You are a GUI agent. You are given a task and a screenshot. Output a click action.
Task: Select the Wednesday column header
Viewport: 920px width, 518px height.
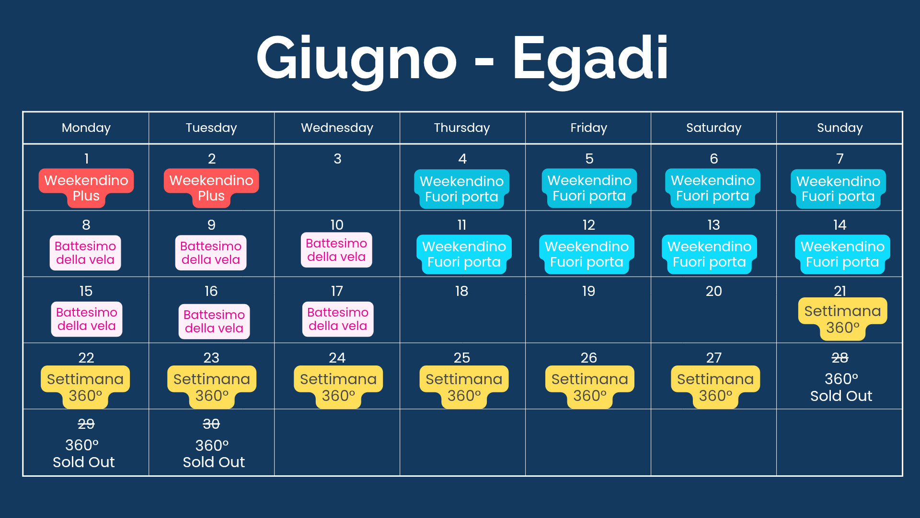pos(337,128)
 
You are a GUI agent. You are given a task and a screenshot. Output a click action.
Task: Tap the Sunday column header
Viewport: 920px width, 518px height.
pos(839,128)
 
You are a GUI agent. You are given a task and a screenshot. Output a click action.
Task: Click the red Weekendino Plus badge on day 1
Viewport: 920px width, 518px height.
pos(86,188)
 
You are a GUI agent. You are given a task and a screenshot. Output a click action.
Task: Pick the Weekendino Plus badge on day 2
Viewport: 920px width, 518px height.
pos(211,188)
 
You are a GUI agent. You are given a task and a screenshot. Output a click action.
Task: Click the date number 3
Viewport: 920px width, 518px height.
pos(337,159)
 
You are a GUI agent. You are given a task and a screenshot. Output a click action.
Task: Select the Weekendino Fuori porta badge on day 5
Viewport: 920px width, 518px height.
pos(589,188)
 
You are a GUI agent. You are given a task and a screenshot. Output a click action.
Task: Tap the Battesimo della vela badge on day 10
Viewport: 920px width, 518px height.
pos(336,250)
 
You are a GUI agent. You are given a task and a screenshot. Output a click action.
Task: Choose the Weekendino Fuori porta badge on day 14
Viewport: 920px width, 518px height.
pos(842,254)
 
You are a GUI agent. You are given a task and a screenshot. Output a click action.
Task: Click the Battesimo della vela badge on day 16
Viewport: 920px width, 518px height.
pos(214,321)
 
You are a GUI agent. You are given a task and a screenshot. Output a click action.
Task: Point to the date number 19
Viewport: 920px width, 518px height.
pos(588,291)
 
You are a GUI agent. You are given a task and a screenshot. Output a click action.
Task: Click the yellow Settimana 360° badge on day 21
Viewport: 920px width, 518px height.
pos(842,319)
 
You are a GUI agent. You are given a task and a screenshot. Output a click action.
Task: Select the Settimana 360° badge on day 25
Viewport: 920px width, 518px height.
pos(464,387)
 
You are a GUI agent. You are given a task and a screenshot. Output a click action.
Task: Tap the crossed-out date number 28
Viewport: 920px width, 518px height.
pos(839,358)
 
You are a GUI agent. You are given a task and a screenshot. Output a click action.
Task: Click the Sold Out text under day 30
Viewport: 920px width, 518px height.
pos(214,462)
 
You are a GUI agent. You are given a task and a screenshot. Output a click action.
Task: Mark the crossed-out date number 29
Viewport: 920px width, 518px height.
pos(86,424)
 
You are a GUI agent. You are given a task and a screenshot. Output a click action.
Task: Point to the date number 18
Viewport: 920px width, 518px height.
pos(461,291)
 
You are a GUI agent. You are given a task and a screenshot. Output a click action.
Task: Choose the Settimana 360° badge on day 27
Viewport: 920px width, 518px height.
pos(715,387)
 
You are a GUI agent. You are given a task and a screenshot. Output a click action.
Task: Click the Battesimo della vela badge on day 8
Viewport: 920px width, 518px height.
pos(85,253)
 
